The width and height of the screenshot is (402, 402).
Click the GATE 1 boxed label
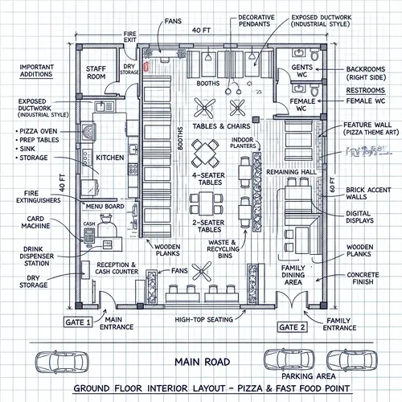coord(78,322)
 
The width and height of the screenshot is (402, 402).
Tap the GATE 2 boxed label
coord(292,327)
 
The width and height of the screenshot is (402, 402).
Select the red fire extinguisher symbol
coord(146,67)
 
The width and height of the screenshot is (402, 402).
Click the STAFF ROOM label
coord(96,72)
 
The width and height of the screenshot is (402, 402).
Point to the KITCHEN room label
coord(110,158)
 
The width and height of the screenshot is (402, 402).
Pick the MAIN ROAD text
coord(203,362)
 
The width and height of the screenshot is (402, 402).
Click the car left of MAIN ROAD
coord(62,362)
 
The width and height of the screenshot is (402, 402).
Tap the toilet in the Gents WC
coord(314,55)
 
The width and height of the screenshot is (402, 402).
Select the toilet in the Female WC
coord(314,90)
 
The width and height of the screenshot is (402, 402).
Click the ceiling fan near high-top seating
coord(202,272)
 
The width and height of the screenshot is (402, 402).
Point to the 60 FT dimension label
coord(332,185)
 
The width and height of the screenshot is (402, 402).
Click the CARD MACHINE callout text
coord(35,223)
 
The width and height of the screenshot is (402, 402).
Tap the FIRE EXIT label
coord(130,37)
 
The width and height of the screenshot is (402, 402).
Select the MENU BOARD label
coord(105,207)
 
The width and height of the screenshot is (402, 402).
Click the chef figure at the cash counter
coord(107,226)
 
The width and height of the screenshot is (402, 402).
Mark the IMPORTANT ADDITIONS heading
coord(36,71)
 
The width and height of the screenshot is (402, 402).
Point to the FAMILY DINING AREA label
coord(293,275)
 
